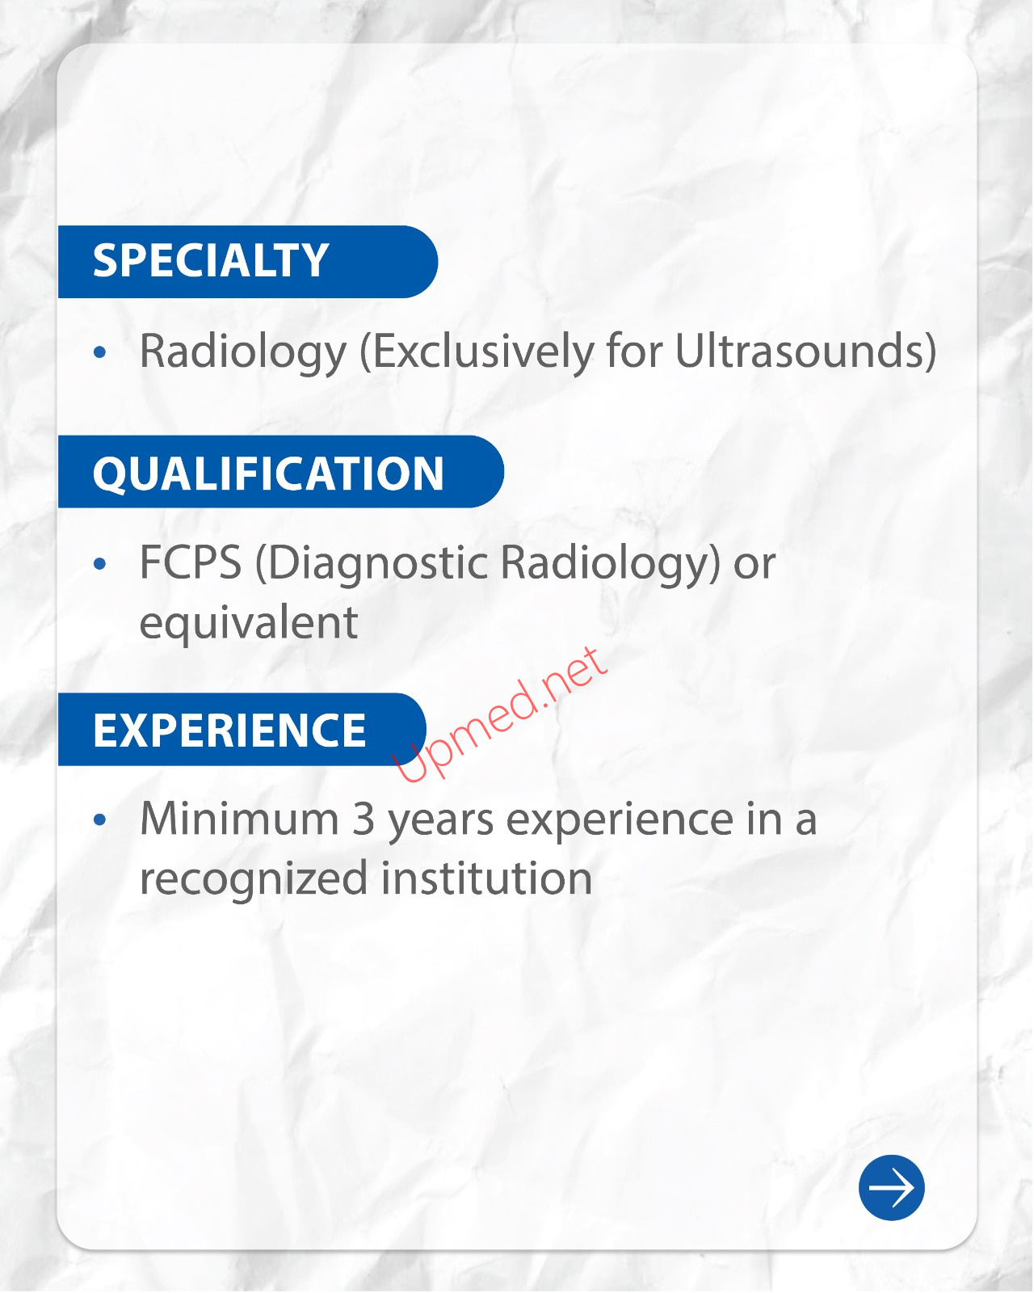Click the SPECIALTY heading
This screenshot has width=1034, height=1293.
click(x=210, y=261)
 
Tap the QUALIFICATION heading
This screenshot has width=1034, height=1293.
click(x=268, y=474)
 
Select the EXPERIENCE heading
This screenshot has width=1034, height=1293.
click(x=229, y=730)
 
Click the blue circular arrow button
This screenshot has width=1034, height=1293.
click(x=892, y=1188)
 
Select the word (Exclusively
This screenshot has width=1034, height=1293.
click(x=477, y=352)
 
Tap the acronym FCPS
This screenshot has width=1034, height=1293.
click(x=191, y=562)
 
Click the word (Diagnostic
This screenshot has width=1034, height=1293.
click(x=372, y=563)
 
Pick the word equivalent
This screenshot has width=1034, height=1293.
click(x=249, y=624)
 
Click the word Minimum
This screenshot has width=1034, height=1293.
click(x=240, y=819)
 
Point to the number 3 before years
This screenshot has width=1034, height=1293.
click(x=363, y=819)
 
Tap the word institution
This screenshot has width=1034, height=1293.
click(x=486, y=878)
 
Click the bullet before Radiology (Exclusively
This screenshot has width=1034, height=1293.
click(x=100, y=352)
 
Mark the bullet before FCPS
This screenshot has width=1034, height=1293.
click(x=100, y=563)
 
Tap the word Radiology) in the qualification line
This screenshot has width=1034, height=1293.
click(x=610, y=563)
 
